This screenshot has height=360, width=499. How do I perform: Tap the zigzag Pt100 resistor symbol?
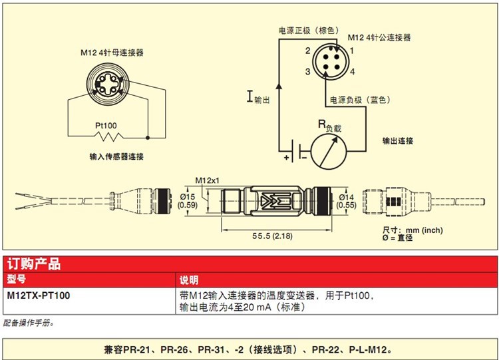click(x=108, y=138)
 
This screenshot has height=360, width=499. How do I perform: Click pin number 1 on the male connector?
click(x=351, y=51)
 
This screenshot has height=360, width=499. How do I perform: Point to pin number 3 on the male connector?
click(x=309, y=71)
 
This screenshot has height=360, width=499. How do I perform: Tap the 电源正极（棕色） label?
click(x=308, y=31)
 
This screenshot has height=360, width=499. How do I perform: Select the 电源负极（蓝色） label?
click(x=359, y=100)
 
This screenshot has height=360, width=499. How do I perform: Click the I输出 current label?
click(x=259, y=98)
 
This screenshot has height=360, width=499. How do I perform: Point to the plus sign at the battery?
click(x=287, y=158)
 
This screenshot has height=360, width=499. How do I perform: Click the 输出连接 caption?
click(x=398, y=141)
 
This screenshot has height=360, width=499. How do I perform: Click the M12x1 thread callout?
click(x=208, y=180)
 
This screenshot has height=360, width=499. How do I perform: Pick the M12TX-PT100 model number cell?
click(x=38, y=295)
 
